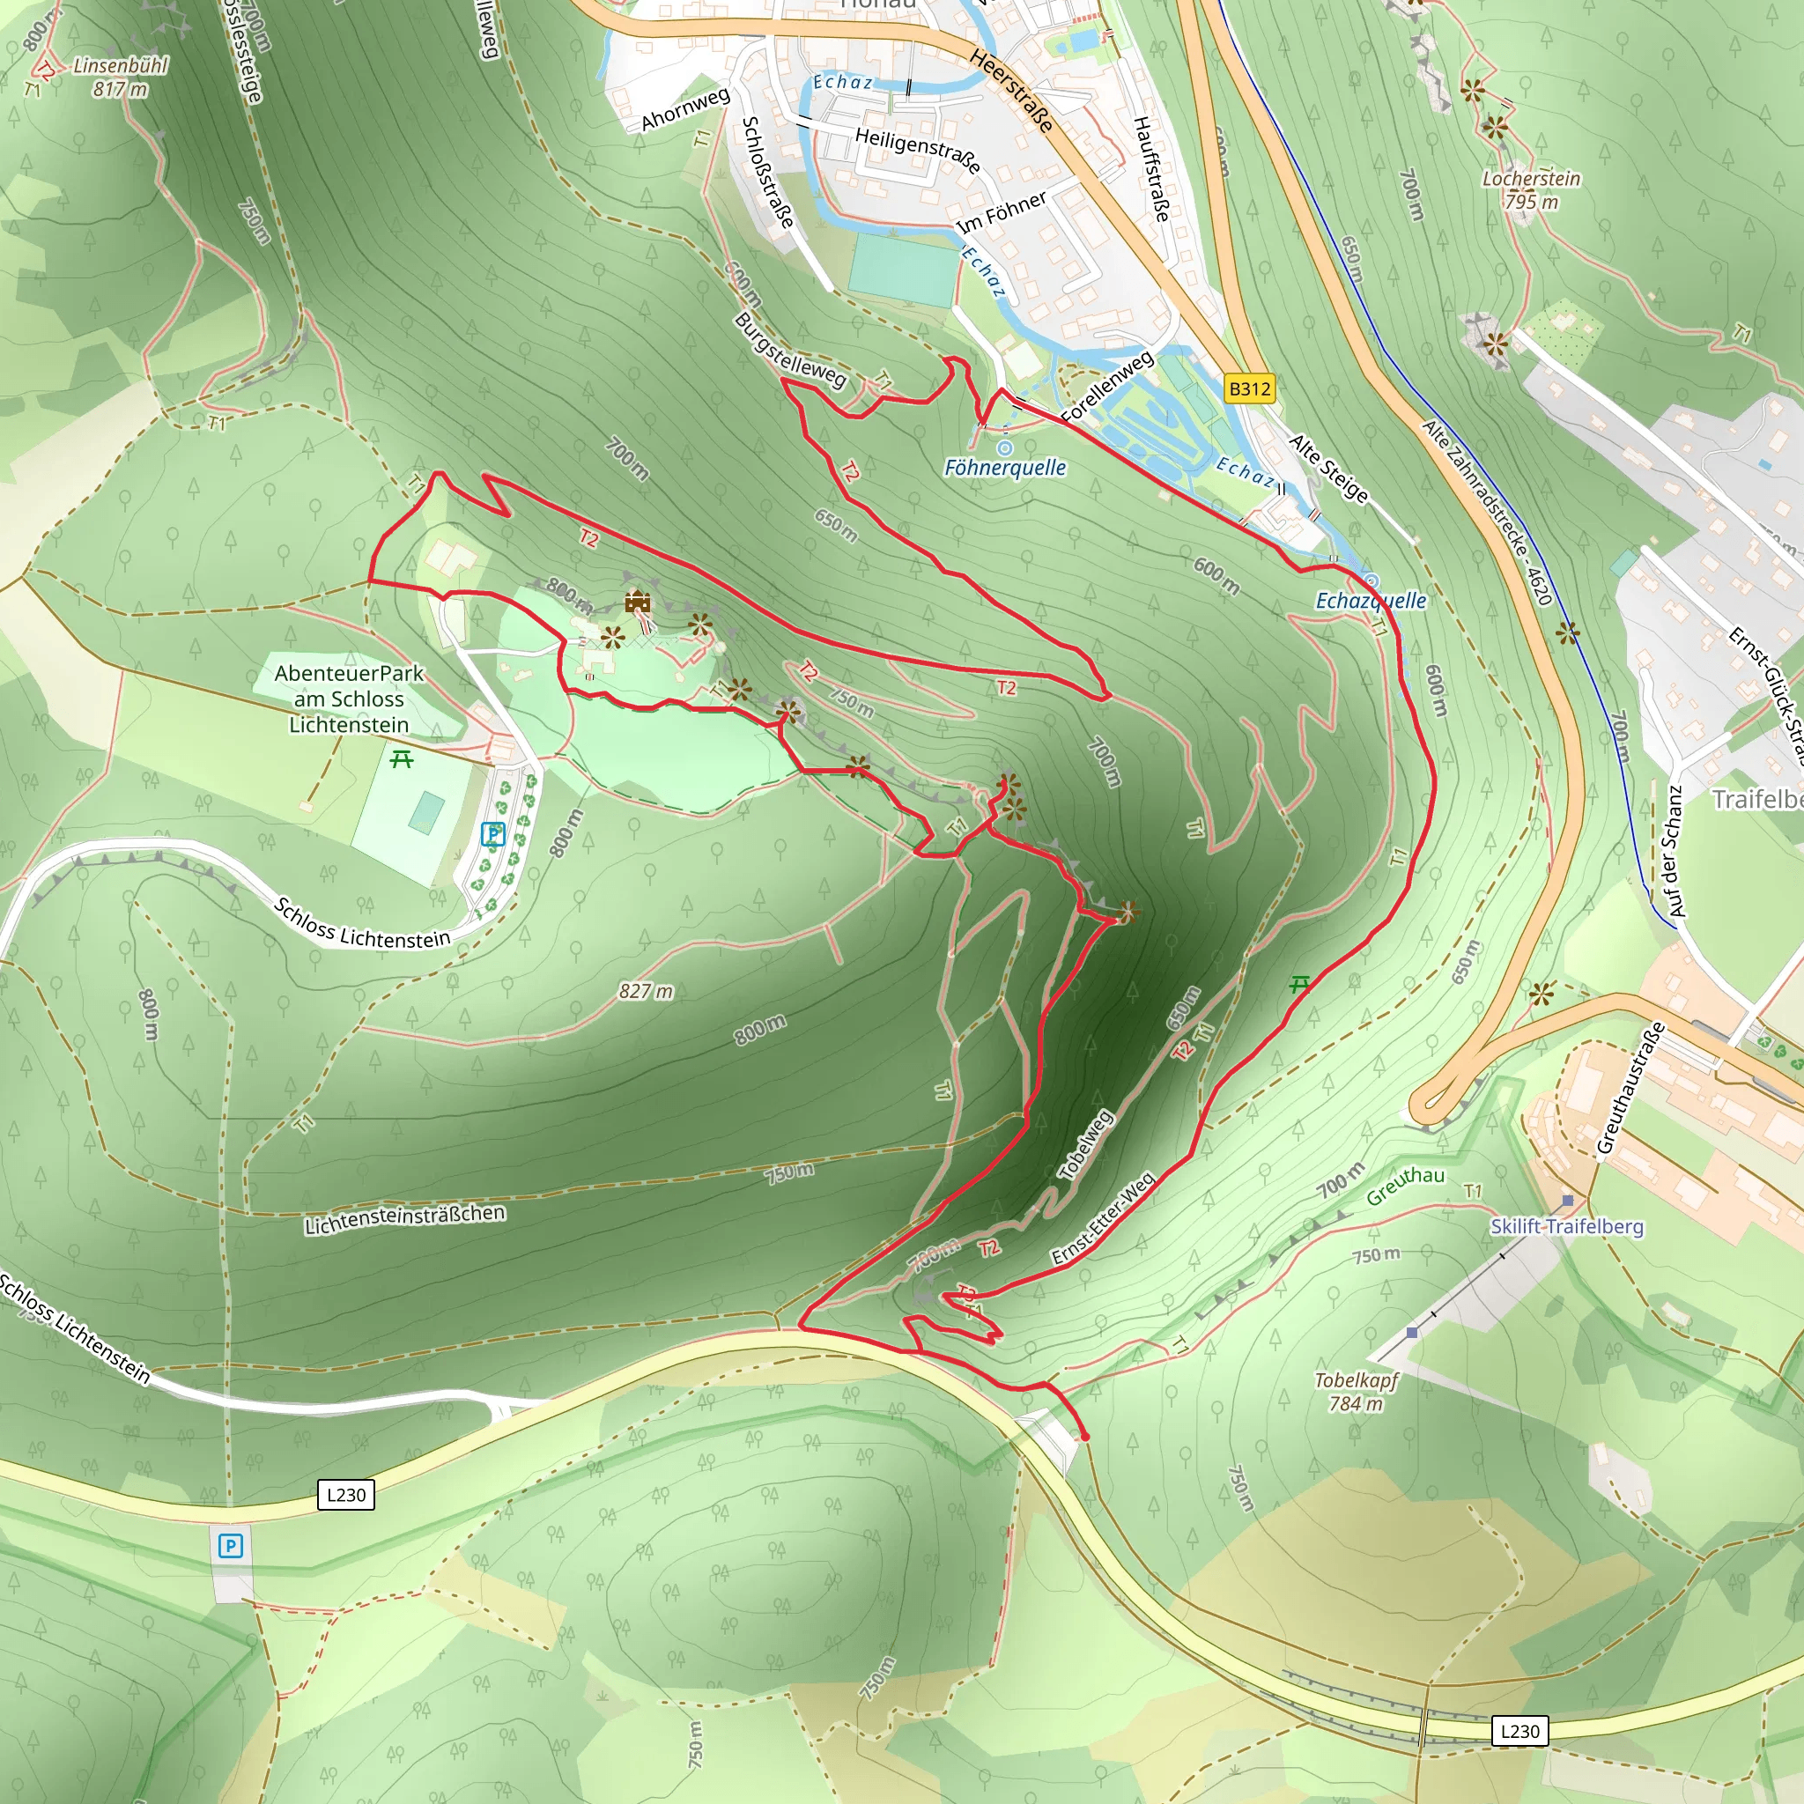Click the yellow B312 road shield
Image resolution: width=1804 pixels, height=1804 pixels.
(x=1249, y=388)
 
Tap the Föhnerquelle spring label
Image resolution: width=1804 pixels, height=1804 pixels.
(x=1005, y=467)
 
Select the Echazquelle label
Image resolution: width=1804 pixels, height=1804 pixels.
(x=1370, y=601)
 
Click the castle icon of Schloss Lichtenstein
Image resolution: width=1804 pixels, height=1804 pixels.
(x=638, y=603)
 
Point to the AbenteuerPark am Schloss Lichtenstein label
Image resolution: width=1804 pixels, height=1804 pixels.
(x=348, y=699)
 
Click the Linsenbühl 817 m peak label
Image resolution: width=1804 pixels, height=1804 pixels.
(x=121, y=78)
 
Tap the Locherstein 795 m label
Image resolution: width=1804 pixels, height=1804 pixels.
(x=1531, y=189)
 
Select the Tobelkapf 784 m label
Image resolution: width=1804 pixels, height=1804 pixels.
(x=1357, y=1391)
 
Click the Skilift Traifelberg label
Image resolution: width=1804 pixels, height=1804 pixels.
(x=1566, y=1226)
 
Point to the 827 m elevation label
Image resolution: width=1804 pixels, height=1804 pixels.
(x=645, y=991)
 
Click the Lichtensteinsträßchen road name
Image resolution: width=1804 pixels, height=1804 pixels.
(x=405, y=1219)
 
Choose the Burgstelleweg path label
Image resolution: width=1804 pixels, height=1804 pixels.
(x=790, y=351)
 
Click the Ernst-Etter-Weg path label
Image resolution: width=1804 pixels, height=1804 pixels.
(x=1104, y=1218)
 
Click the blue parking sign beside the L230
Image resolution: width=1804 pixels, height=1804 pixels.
(x=230, y=1546)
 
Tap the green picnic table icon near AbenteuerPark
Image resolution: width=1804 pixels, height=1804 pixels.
(x=402, y=760)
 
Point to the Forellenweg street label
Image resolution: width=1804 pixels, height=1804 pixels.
(x=1108, y=386)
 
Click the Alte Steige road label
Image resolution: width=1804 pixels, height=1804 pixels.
(x=1327, y=469)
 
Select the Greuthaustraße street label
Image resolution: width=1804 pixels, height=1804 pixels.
(x=1630, y=1088)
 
